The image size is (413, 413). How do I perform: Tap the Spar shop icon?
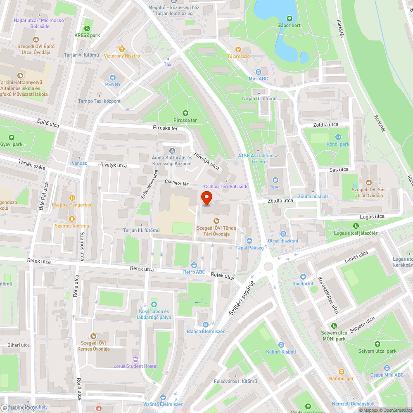tap(275, 180)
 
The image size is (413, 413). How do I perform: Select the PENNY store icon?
tap(113, 77)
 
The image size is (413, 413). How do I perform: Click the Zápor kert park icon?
tap(289, 18)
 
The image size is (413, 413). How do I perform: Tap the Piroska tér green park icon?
tap(185, 113)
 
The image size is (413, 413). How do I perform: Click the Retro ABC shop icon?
tap(194, 265)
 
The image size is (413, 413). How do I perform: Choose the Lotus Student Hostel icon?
tap(135, 359)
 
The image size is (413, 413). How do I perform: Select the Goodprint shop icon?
tap(303, 277)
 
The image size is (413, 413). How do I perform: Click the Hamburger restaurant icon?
tap(341, 371)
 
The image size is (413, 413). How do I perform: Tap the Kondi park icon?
tap(338, 137)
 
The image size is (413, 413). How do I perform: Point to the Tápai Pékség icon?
tap(249, 241)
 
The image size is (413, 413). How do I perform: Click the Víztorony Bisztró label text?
tap(122, 56)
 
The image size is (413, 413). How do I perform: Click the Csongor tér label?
tap(176, 183)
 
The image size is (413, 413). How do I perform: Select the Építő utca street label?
tap(48, 124)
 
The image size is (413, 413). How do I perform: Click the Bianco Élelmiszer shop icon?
tap(205, 324)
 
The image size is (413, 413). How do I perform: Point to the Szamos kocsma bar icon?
tap(72, 218)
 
